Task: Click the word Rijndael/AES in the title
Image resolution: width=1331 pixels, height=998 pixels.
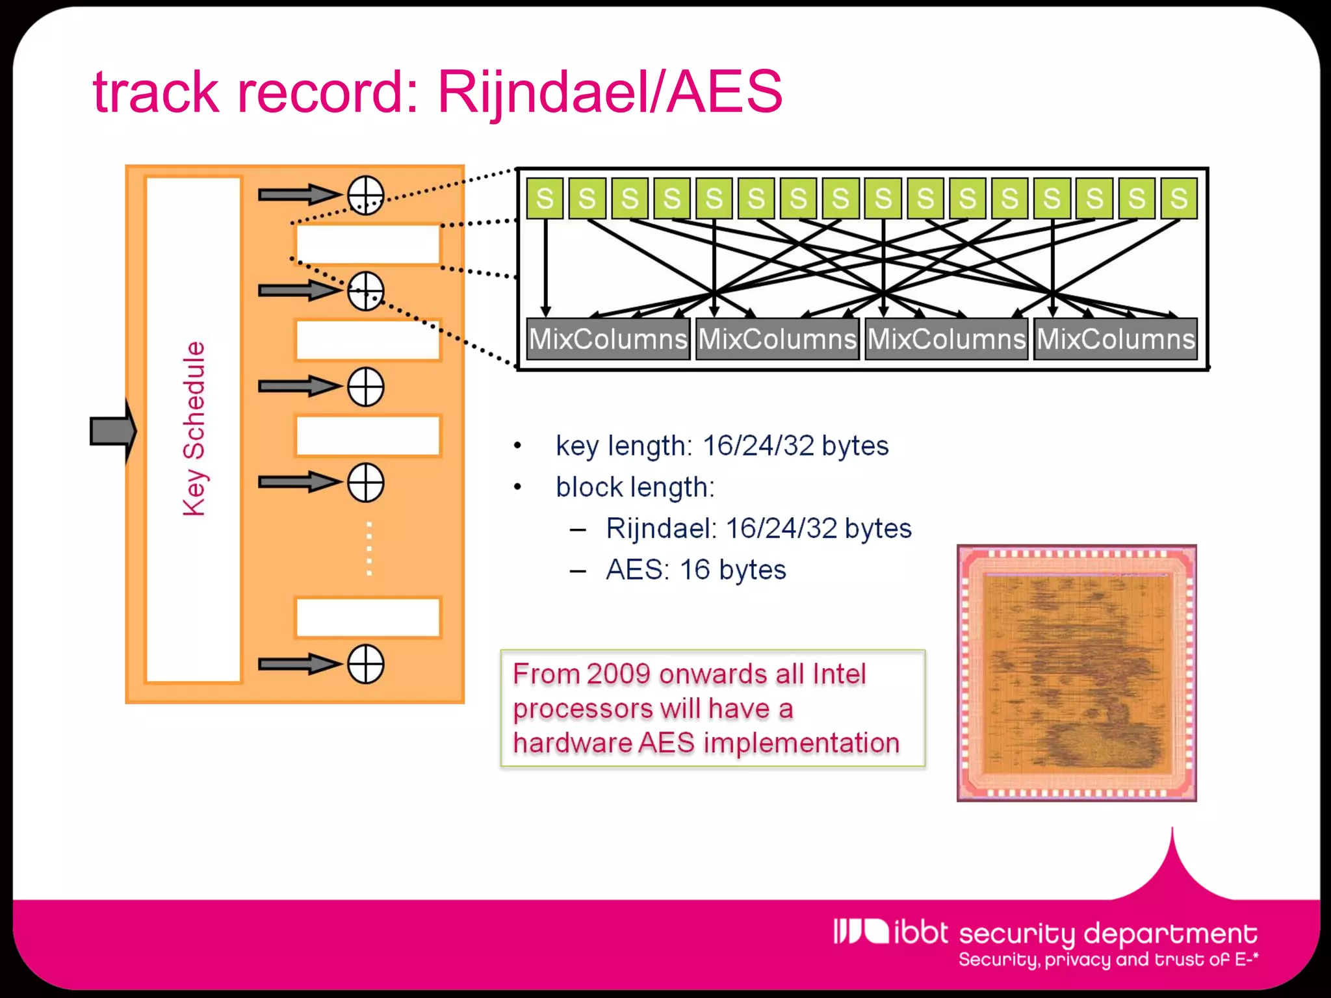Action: coord(610,92)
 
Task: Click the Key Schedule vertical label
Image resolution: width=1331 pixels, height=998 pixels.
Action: coord(194,429)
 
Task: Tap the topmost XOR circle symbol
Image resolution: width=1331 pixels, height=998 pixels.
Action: coord(365,195)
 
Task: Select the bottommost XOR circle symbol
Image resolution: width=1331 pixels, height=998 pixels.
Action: coord(365,664)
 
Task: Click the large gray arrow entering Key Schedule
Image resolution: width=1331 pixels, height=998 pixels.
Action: coord(112,431)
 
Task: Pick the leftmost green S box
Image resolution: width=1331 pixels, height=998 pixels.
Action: coord(545,198)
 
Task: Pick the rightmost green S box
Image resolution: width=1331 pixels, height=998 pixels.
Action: coord(1178,198)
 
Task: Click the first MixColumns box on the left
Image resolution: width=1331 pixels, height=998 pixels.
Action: coord(608,339)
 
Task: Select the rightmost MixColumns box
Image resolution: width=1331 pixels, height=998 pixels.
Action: coord(1115,339)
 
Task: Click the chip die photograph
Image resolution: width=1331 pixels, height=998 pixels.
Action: coord(1076,672)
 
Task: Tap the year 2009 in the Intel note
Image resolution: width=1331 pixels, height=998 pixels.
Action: coord(617,674)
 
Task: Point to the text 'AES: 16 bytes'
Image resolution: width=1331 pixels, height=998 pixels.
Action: coord(695,570)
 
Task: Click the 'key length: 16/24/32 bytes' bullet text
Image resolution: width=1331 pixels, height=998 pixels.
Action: coord(721,446)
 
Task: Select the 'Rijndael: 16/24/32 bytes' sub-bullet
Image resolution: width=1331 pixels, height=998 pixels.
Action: coord(758,528)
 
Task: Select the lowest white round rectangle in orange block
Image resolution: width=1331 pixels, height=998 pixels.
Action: coord(368,617)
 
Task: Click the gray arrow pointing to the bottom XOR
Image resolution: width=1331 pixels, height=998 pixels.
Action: coord(299,664)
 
